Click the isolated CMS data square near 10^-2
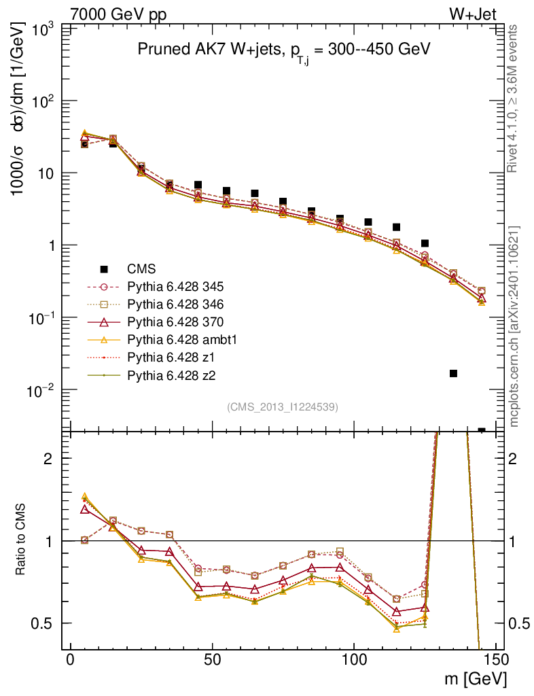pos(453,373)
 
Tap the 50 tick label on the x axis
pos(212,661)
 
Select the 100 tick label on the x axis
pos(354,661)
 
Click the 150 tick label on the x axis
pos(495,661)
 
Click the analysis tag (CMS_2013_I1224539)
pos(283,406)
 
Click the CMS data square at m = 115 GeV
pos(397,227)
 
